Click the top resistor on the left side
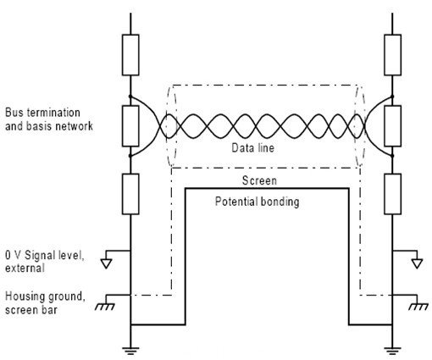tap(130, 55)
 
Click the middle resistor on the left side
tap(130, 126)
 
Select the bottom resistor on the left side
tap(130, 194)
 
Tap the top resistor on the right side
tap(392, 55)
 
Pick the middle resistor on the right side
tap(392, 126)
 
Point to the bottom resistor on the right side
tap(392, 194)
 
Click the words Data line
tap(252, 148)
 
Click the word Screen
tap(259, 180)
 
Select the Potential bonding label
tap(257, 202)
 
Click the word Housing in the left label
tap(25, 297)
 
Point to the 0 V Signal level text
tap(45, 256)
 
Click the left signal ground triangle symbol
tap(107, 263)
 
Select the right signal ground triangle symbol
tap(417, 263)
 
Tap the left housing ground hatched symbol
tap(105, 307)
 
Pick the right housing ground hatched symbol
tap(418, 307)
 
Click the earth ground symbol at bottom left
tap(130, 351)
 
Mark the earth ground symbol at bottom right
tap(392, 351)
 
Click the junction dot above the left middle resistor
tap(130, 97)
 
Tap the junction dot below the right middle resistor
tap(392, 156)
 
